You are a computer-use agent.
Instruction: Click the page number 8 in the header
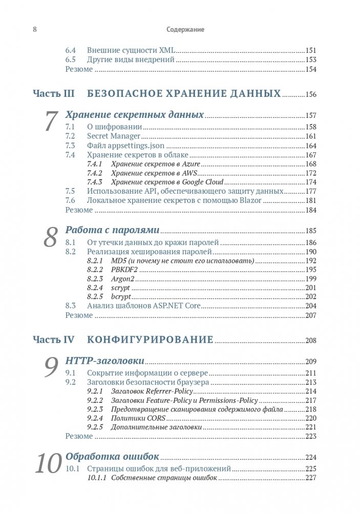coord(34,29)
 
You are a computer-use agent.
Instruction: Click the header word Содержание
coord(185,30)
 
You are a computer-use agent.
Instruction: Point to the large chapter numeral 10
coord(48,463)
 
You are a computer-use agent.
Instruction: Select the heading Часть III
coord(54,94)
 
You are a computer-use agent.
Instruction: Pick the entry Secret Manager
coord(114,136)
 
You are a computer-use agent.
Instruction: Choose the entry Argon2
coord(123,279)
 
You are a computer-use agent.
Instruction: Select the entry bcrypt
coord(121,297)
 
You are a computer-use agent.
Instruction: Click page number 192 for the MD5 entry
coord(311,261)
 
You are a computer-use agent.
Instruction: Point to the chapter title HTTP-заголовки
coord(104,361)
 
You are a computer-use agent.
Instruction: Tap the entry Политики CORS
coord(138,418)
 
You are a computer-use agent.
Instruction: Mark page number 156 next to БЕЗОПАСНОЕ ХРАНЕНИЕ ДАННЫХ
coord(311,95)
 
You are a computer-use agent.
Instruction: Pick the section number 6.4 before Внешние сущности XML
coord(71,51)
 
